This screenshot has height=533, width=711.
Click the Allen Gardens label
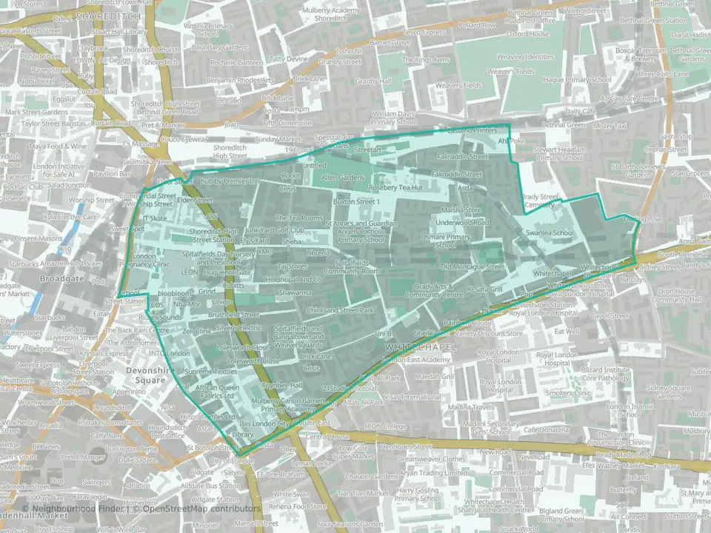pyautogui.click(x=342, y=178)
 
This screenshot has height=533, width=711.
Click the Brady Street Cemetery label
pyautogui.click(x=538, y=201)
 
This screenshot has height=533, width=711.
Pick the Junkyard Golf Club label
pyautogui.click(x=280, y=229)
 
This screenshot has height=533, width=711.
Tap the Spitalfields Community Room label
pyautogui.click(x=357, y=266)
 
